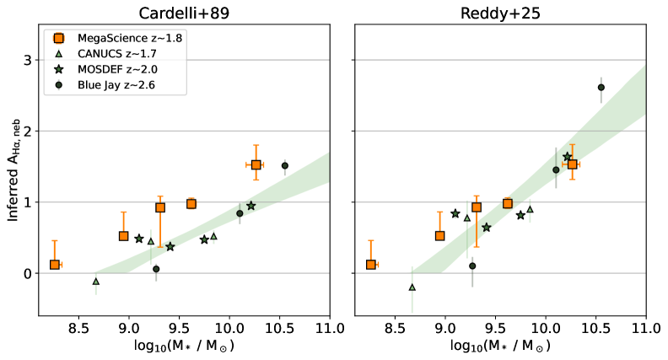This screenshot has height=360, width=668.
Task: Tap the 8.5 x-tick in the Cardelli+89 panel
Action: pos(78,328)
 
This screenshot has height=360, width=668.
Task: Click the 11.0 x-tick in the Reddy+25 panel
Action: pos(645,328)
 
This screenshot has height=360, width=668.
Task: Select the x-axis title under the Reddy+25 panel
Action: pos(499,347)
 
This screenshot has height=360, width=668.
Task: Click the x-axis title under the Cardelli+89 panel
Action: pos(184,347)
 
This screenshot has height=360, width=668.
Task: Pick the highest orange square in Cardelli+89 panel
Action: pos(256,165)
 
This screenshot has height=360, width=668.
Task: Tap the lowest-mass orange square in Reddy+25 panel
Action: pos(370,265)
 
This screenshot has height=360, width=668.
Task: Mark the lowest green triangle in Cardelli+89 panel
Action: pos(96,281)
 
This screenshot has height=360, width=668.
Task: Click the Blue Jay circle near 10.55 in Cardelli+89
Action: pos(285,166)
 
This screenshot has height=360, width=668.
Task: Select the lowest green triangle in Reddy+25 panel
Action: pos(412,287)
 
